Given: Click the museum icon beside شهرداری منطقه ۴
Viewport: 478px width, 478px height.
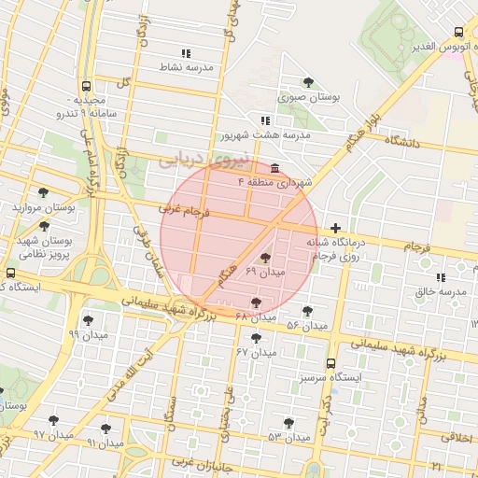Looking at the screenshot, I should click(274, 168).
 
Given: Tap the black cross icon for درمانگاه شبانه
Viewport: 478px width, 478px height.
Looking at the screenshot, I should click(335, 228).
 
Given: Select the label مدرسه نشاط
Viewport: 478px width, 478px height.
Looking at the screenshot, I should click(188, 67).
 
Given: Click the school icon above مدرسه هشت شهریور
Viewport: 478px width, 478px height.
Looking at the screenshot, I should click(266, 120).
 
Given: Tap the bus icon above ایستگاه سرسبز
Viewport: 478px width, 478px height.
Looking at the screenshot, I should click(330, 363).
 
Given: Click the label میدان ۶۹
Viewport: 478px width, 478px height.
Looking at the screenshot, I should click(264, 271).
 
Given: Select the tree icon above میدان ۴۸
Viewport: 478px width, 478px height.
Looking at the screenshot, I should click(257, 302).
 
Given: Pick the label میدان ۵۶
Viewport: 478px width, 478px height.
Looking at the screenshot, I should click(306, 325).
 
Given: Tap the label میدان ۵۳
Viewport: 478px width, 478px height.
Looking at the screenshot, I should click(288, 437).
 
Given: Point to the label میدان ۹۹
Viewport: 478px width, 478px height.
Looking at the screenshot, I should click(88, 333).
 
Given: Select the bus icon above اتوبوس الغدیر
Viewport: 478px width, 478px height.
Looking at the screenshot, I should click(457, 32).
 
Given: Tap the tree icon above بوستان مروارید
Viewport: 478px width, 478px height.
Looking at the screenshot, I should click(42, 192).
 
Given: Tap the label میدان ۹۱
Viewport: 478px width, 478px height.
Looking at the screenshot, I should click(105, 442).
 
